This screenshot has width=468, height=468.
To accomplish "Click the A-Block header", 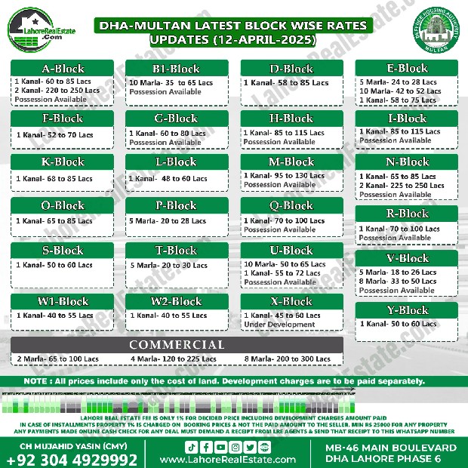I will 63,69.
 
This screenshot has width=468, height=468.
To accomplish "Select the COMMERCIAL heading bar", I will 176,345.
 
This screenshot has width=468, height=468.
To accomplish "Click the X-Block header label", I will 291,302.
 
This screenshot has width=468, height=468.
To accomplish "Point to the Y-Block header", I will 407,310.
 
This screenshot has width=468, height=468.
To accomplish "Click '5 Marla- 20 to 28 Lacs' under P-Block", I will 168,221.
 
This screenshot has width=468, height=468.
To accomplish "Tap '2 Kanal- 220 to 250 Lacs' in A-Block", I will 57,91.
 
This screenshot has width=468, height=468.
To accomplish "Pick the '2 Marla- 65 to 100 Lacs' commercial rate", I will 57,359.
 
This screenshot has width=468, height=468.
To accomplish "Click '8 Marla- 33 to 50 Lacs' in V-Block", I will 397,282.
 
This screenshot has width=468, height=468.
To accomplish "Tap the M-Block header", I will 291,162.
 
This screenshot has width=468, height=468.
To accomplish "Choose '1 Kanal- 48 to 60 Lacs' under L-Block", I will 168,179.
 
